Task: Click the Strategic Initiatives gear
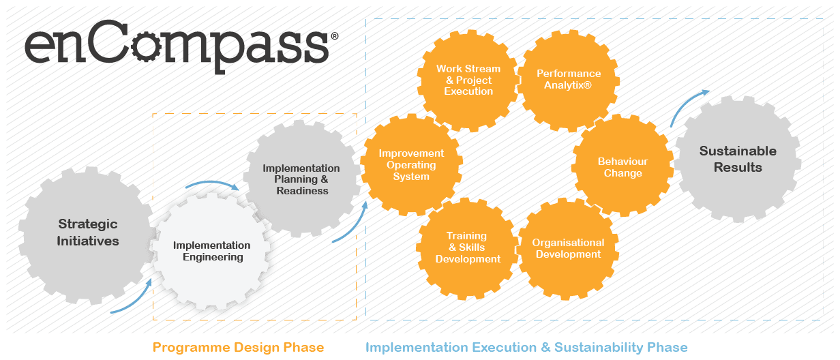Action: [x=87, y=232]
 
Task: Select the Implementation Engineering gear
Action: [x=212, y=251]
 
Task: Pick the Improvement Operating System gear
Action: [x=411, y=165]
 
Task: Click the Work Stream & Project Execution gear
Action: [x=468, y=80]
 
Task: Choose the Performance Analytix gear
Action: [x=569, y=80]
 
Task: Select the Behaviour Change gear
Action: [x=622, y=167]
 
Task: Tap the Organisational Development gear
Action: [x=568, y=248]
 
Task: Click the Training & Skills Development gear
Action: [x=468, y=247]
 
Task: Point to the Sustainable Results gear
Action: [x=738, y=159]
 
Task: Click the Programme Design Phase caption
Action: [x=238, y=348]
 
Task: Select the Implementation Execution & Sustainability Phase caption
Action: [x=526, y=348]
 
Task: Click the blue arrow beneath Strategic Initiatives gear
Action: [x=134, y=299]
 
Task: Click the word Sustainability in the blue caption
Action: [x=599, y=348]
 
